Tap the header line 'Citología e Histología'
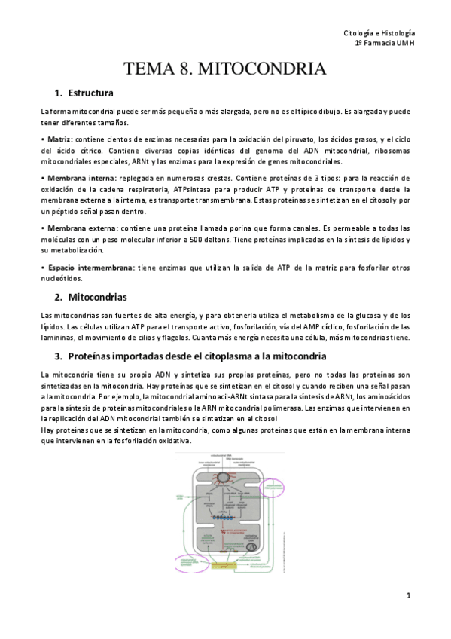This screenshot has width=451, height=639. pos(379,34)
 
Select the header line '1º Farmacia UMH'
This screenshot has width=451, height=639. pos(384,44)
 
